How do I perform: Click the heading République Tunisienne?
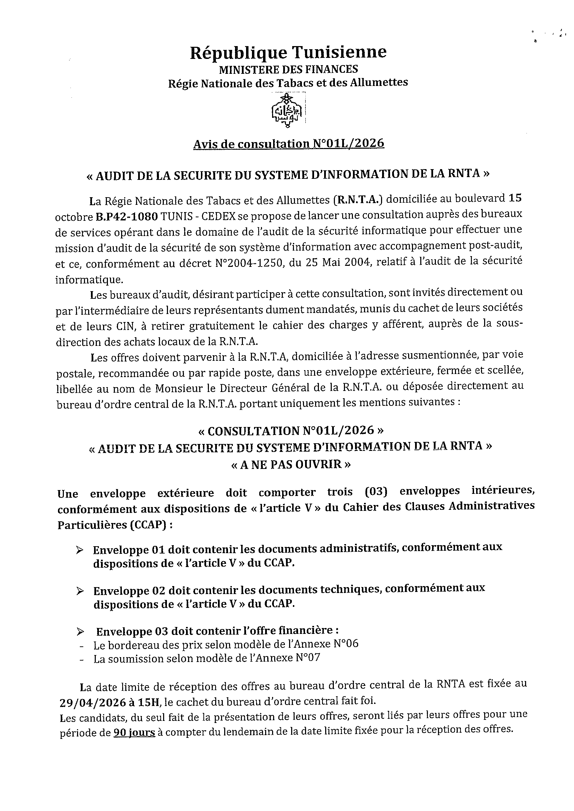288,53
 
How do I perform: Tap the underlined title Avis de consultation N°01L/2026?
288,144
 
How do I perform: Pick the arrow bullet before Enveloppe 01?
80,550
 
